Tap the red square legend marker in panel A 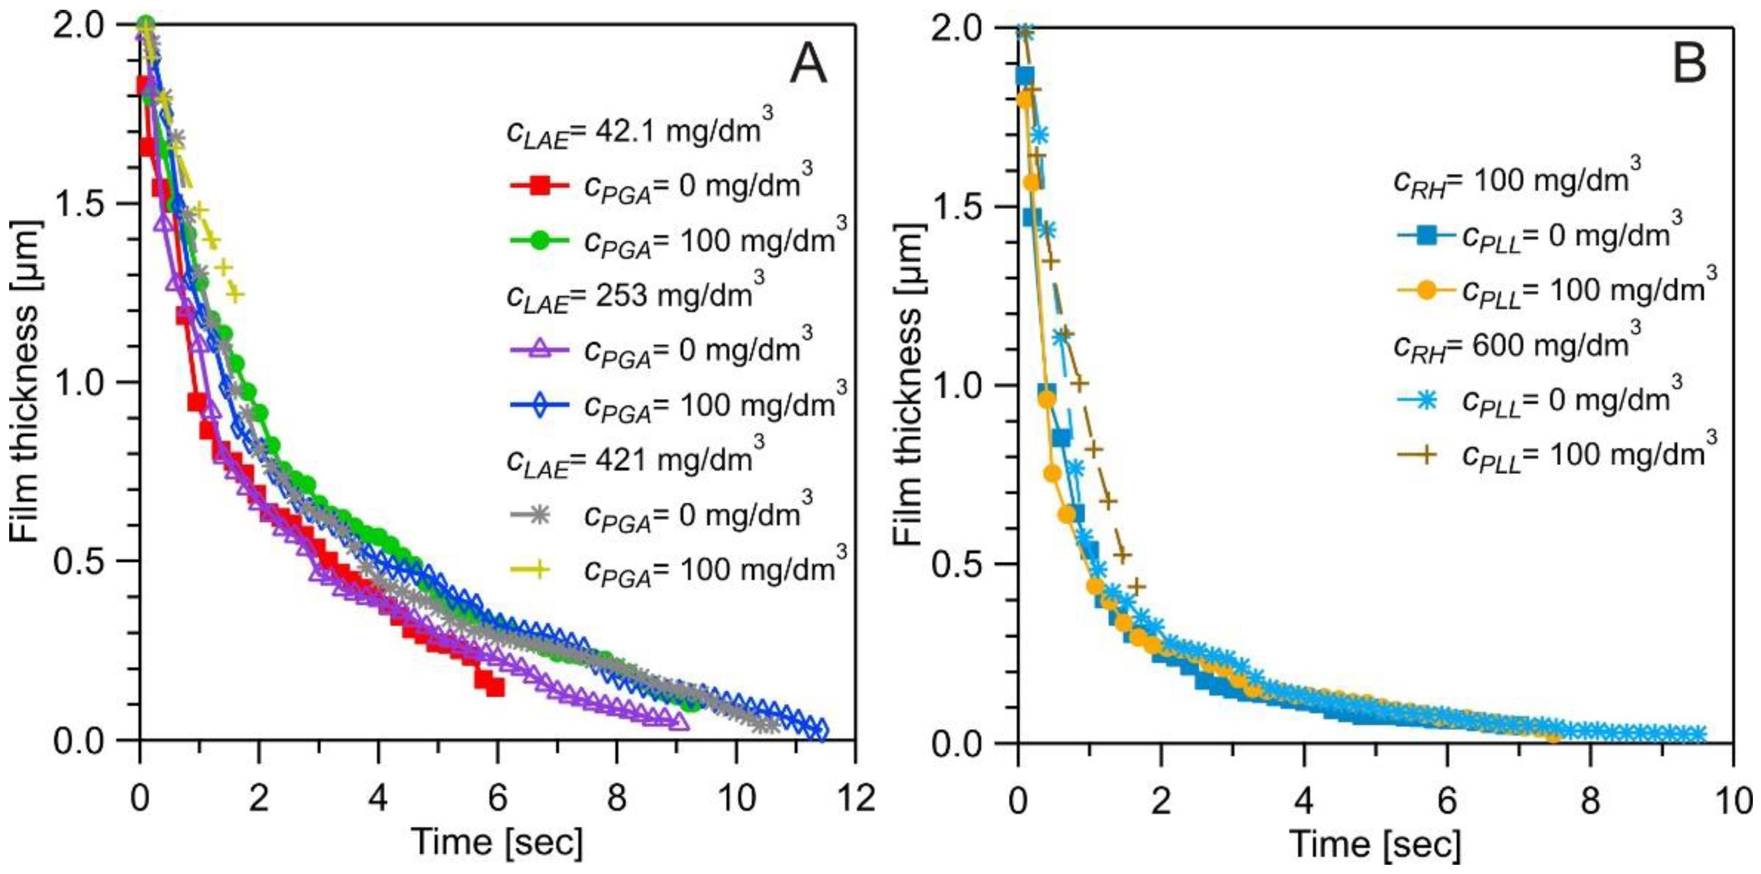pyautogui.click(x=540, y=185)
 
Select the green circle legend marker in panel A pyautogui.click(x=540, y=240)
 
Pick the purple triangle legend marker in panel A pyautogui.click(x=540, y=350)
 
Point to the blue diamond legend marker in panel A pyautogui.click(x=540, y=405)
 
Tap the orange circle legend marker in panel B pyautogui.click(x=1420, y=290)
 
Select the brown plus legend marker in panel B pyautogui.click(x=1420, y=455)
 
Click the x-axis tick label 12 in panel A pyautogui.click(x=855, y=798)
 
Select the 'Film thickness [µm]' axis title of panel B pyautogui.click(x=908, y=385)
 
